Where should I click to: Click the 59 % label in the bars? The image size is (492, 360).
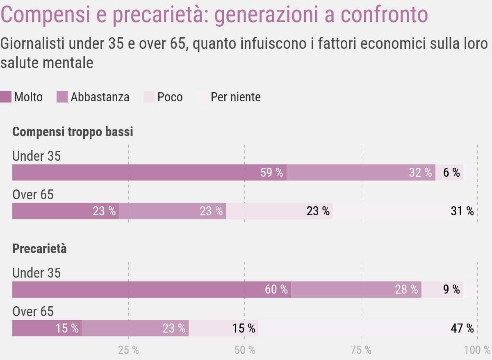(271, 173)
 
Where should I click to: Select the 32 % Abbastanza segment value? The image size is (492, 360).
(420, 173)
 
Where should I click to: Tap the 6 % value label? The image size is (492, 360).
(451, 173)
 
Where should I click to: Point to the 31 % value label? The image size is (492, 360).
(462, 211)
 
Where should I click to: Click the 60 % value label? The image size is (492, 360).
(276, 289)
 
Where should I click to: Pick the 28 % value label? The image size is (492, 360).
(406, 289)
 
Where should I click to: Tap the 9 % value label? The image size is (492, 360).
(451, 289)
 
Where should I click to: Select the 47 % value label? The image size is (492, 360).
(462, 328)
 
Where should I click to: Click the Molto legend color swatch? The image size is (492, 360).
(5, 97)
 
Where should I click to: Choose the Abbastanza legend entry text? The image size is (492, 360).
(100, 97)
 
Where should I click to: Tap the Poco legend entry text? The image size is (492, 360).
(170, 97)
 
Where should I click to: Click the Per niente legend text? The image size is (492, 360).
(235, 97)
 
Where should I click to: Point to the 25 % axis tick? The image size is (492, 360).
(128, 350)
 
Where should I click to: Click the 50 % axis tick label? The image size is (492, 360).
(245, 350)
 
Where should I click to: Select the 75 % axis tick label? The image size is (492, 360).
(361, 350)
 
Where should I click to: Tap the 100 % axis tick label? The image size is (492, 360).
(477, 350)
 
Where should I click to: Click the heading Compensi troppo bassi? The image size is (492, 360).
(73, 132)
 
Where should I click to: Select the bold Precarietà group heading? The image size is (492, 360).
(39, 249)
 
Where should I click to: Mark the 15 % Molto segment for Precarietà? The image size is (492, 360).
(67, 328)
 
